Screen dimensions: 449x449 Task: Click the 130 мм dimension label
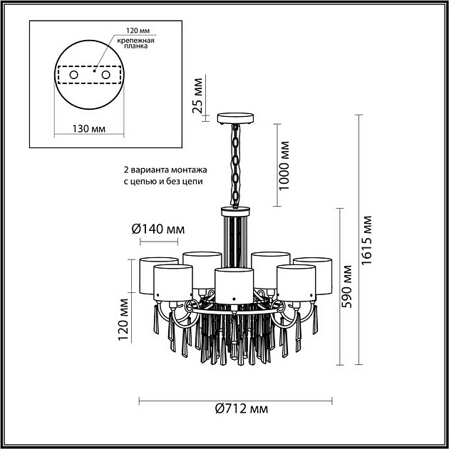coord(89,128)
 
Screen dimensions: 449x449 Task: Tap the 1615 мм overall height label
coord(366,241)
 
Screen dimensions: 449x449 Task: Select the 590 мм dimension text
coord(347,287)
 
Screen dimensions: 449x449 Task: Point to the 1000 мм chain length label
coord(284,165)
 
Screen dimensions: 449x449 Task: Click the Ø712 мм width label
coord(242,409)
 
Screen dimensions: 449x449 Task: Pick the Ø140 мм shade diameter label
coord(158,229)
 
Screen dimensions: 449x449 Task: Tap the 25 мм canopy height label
coord(197,96)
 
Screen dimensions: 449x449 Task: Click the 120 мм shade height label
coord(123,319)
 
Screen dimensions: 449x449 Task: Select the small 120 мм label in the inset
coord(138,31)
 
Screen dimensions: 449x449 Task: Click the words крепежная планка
coord(135,43)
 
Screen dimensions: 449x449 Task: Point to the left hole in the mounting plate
coord(74,75)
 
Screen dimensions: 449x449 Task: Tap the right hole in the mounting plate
coord(105,75)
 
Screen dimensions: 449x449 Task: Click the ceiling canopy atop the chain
coord(235,118)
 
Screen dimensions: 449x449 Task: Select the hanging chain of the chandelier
coord(236,165)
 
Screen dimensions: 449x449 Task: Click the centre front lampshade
coord(234,286)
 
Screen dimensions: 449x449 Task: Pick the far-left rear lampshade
coord(159,276)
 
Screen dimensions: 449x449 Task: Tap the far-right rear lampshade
coord(313,276)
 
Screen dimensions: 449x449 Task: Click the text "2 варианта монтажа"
coord(165,170)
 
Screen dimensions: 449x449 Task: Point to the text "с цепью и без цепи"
coord(163,181)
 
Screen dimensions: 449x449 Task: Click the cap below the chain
coord(235,212)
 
